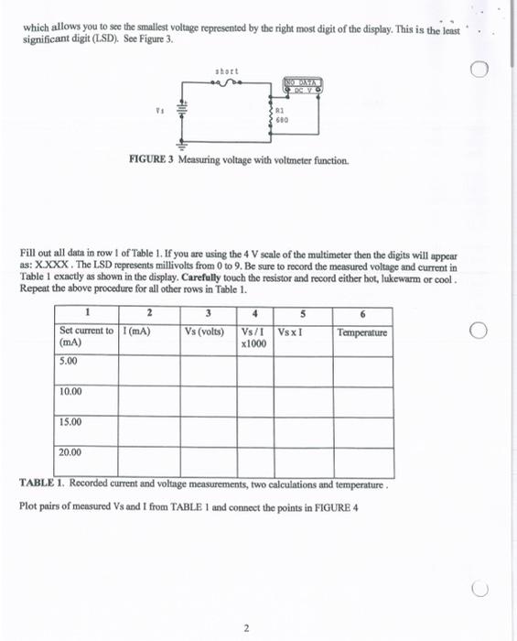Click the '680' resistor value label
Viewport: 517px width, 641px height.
(x=284, y=118)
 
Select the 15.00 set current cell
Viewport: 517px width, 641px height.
(x=71, y=422)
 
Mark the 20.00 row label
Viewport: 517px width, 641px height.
(x=71, y=452)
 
